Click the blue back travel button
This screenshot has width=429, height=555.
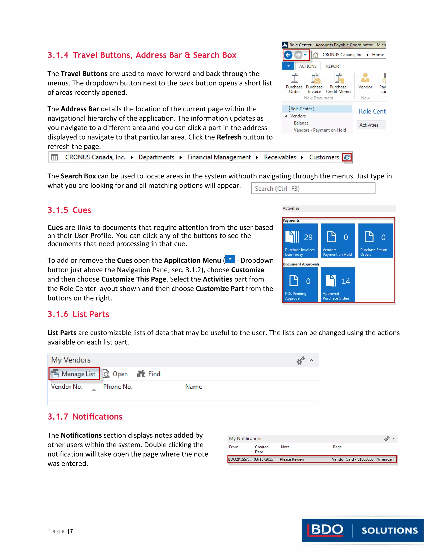(288, 55)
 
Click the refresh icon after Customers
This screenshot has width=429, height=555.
(347, 157)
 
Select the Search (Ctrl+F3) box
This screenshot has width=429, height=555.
(313, 188)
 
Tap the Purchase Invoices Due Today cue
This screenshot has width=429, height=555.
(300, 240)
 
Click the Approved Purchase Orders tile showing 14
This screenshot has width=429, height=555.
(338, 284)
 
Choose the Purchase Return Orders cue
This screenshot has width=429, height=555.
(375, 240)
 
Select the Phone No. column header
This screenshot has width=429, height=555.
(118, 387)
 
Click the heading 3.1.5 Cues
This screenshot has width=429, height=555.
(69, 210)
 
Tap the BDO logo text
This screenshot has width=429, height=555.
(327, 530)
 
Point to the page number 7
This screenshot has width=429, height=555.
(72, 531)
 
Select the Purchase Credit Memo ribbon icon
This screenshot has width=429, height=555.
(338, 78)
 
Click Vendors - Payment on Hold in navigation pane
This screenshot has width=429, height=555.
(320, 130)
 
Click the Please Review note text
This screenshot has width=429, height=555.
(292, 459)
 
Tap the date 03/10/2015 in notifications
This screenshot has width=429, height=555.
(263, 459)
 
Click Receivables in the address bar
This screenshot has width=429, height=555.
(280, 157)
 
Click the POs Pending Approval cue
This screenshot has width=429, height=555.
(300, 284)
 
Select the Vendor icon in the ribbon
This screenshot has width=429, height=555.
(365, 78)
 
